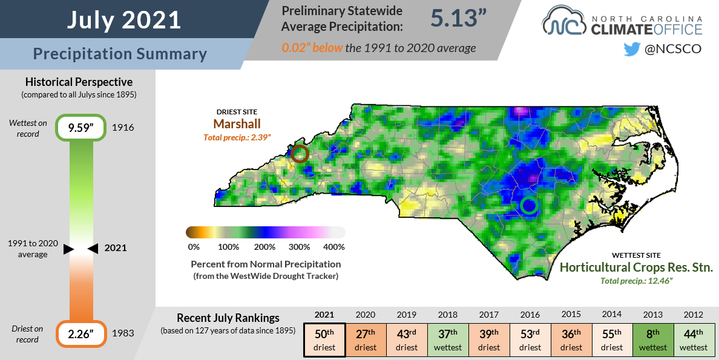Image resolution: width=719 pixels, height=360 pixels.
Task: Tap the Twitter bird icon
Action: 631,49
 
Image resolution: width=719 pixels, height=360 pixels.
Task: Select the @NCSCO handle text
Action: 673,49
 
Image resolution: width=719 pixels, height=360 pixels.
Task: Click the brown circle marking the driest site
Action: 300,154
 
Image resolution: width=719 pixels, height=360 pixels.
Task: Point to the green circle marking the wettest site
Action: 529,206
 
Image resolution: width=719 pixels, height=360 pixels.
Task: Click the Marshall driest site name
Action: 237,123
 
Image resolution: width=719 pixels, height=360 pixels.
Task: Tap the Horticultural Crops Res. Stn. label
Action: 636,267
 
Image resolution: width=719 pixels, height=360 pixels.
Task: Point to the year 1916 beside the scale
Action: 123,128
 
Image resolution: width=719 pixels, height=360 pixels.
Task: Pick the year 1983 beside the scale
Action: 123,333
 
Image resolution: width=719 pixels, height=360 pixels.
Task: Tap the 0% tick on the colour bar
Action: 194,247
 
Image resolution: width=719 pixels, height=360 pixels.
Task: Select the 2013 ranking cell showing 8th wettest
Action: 652,341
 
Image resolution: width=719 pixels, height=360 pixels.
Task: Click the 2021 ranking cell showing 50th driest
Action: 324,341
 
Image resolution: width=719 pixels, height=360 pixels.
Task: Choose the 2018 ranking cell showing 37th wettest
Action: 447,341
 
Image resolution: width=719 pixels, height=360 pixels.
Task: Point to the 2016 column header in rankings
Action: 530,315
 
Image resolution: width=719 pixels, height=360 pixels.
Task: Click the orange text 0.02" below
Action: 312,48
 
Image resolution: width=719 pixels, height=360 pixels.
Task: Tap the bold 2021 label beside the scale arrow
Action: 116,248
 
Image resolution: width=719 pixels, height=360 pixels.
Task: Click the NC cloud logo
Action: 563,22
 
